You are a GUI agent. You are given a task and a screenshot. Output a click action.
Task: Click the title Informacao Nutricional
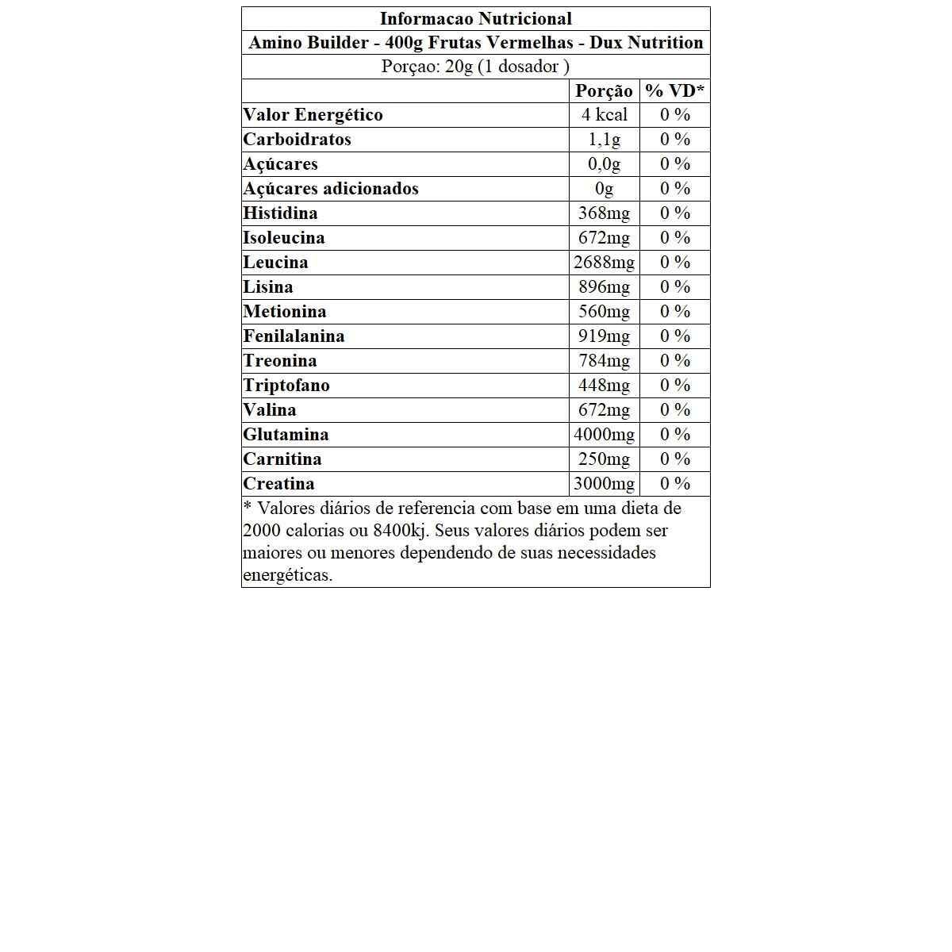click(x=475, y=18)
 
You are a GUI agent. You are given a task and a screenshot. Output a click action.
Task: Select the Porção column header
click(x=604, y=90)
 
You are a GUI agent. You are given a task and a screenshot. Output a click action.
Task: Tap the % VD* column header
click(x=674, y=90)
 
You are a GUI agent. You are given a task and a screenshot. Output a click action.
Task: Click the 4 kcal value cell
click(x=604, y=115)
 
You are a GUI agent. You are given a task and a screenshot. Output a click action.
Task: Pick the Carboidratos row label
click(x=297, y=140)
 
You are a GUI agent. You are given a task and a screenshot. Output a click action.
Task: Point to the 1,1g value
click(x=604, y=140)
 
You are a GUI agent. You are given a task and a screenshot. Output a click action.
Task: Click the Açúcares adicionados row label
click(x=331, y=189)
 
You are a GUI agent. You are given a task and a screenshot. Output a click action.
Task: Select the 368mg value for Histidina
click(x=604, y=213)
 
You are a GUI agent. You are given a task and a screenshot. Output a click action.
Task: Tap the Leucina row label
click(x=275, y=263)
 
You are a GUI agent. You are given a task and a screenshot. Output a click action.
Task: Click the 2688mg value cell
click(x=604, y=263)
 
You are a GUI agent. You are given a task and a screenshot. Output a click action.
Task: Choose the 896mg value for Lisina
click(x=604, y=287)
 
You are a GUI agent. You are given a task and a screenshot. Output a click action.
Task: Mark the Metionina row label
click(x=285, y=312)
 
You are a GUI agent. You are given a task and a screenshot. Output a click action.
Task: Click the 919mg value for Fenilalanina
click(x=604, y=336)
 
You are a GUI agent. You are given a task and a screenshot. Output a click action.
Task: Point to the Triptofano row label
click(x=286, y=386)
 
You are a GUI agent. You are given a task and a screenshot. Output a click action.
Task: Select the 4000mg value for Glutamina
click(x=604, y=435)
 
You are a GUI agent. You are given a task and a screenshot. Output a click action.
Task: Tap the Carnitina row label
click(x=282, y=459)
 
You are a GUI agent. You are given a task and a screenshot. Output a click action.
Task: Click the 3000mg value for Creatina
click(x=604, y=484)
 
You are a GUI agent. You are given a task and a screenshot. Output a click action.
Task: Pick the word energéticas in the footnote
click(x=287, y=575)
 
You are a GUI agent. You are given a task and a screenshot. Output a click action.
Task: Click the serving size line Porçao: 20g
click(x=475, y=67)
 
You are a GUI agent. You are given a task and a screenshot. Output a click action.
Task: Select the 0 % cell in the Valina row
click(x=674, y=410)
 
